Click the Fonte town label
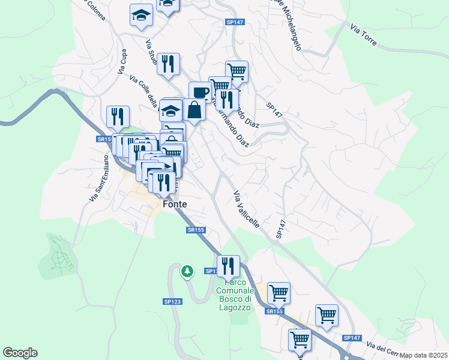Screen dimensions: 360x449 (175, 204)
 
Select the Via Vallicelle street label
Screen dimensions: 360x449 (246, 209)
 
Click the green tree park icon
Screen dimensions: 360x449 (188, 272)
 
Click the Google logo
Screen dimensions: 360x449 (20, 353)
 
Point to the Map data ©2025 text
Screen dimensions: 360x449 (424, 355)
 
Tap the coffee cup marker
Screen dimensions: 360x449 (200, 92)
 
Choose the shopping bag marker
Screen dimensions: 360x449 (195, 109)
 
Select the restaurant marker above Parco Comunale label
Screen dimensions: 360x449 (228, 265)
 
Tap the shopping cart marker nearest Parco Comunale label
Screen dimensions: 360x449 (279, 293)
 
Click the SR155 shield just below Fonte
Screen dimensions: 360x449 (196, 230)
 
